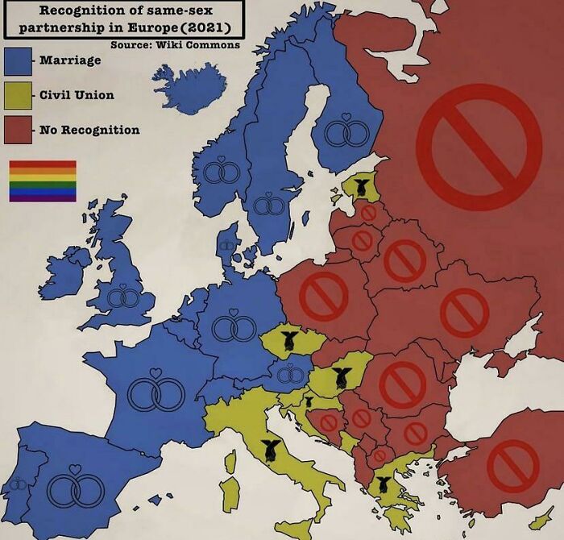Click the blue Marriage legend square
click(18, 60)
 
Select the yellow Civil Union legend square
click(18, 96)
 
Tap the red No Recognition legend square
click(18, 130)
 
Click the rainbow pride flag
click(43, 181)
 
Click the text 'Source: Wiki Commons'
click(175, 44)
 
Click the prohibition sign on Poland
click(323, 296)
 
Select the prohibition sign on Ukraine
click(465, 313)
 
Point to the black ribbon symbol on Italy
click(269, 455)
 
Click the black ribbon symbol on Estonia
click(359, 188)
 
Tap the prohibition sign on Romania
click(402, 384)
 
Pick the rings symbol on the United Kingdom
click(123, 297)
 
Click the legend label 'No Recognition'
click(89, 130)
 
